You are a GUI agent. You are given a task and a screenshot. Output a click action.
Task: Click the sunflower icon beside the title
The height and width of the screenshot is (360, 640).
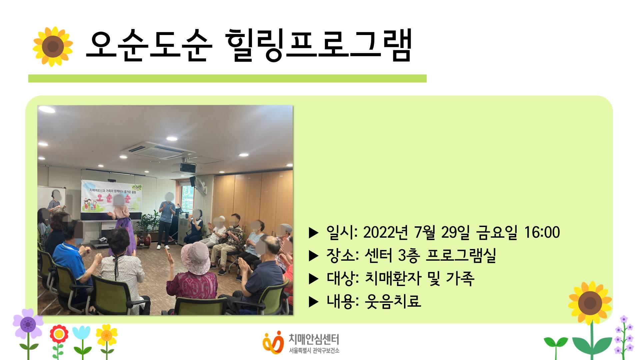[53, 46]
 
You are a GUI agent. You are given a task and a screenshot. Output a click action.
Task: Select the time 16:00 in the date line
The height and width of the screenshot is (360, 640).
[542, 232]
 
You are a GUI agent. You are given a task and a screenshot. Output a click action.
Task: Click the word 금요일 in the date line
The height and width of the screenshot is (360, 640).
[497, 232]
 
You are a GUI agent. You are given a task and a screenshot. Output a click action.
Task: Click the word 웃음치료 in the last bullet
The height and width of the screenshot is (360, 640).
[393, 301]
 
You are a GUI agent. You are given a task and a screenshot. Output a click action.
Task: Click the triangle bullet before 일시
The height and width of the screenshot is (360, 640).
[314, 233]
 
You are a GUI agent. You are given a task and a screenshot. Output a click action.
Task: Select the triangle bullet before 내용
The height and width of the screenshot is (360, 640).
[314, 302]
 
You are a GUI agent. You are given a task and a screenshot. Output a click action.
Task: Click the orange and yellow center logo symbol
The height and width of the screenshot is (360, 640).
[273, 342]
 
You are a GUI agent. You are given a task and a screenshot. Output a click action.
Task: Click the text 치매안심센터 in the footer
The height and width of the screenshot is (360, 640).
[314, 339]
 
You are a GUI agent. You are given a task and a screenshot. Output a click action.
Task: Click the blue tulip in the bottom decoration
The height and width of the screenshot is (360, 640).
[81, 333]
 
